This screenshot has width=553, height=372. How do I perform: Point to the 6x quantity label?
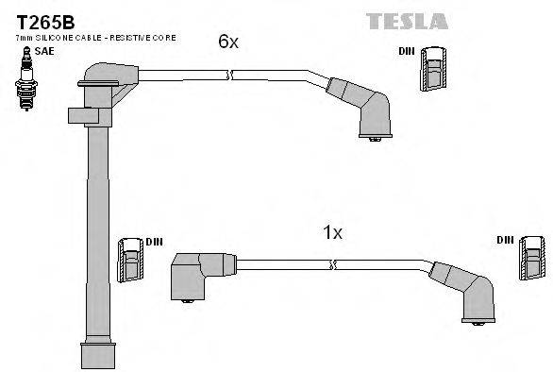coord(227,41)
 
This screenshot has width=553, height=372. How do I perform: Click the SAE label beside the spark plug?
coord(44,52)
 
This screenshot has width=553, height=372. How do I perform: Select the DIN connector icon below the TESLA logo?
coord(434,68)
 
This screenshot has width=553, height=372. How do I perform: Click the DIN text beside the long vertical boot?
coord(154,242)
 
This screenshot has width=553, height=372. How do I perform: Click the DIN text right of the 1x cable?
coord(504,240)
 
